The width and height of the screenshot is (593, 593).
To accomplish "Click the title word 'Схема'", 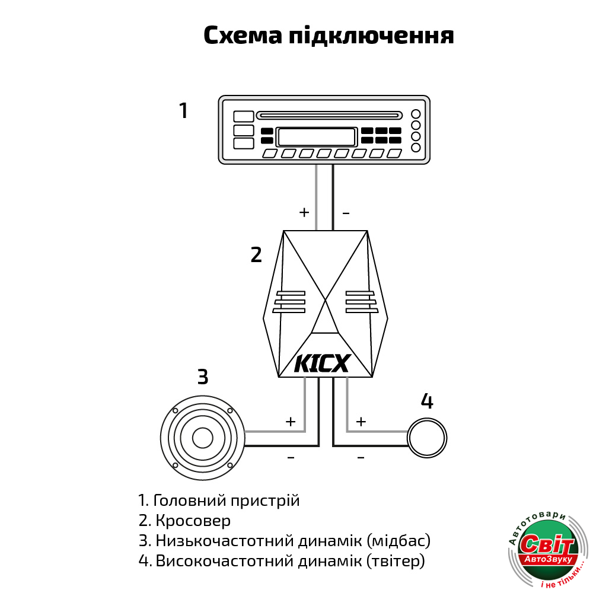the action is pyautogui.click(x=243, y=36).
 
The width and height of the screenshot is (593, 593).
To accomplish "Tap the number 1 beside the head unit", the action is pyautogui.click(x=183, y=111).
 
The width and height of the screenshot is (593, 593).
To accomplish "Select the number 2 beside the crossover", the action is pyautogui.click(x=256, y=255).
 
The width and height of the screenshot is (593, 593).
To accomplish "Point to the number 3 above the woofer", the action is pyautogui.click(x=203, y=377).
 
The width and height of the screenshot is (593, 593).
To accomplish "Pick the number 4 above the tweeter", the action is pyautogui.click(x=427, y=401).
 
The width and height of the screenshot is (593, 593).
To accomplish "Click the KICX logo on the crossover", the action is pyautogui.click(x=323, y=364).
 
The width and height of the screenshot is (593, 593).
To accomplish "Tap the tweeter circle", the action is pyautogui.click(x=427, y=419).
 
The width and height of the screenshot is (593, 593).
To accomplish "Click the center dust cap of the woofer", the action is pyautogui.click(x=203, y=438).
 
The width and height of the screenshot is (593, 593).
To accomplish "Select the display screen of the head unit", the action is pyautogui.click(x=317, y=137).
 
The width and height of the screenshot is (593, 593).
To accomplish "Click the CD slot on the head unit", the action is pyautogui.click(x=329, y=116).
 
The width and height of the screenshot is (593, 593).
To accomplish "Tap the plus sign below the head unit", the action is pyautogui.click(x=304, y=212).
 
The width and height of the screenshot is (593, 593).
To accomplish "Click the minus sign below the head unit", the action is pyautogui.click(x=346, y=213).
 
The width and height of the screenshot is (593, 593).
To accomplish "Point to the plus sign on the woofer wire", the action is pyautogui.click(x=291, y=422).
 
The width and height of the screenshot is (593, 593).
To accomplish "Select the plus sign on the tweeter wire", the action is pyautogui.click(x=361, y=422).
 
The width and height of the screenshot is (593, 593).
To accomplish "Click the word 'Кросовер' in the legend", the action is pyautogui.click(x=193, y=521).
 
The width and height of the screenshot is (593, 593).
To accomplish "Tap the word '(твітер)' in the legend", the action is pyautogui.click(x=396, y=561).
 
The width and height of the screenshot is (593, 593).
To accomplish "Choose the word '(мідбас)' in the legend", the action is pyautogui.click(x=398, y=541).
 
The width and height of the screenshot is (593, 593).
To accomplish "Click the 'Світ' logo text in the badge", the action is pyautogui.click(x=547, y=544).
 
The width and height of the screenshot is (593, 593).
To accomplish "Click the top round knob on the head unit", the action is pyautogui.click(x=416, y=114).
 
